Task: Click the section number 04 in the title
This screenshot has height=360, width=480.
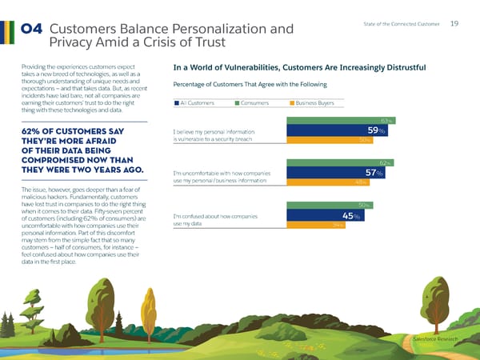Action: (33, 30)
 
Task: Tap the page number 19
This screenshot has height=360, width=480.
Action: (454, 25)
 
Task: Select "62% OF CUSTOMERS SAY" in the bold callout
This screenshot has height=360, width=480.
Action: (73, 131)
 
